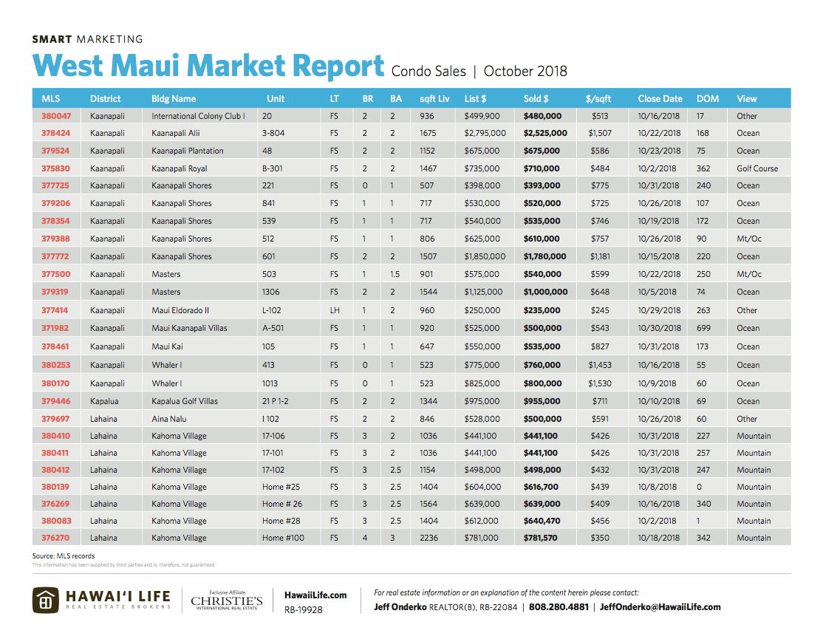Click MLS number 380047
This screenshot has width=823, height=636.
[x=56, y=116]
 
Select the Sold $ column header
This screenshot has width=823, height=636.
[x=536, y=98]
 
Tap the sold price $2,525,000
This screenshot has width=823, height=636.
[x=545, y=133]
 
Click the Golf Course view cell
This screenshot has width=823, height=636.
[x=757, y=168]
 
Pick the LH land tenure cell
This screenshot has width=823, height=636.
[x=335, y=310]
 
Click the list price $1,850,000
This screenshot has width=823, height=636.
[x=485, y=256]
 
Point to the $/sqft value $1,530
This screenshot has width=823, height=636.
[x=600, y=383]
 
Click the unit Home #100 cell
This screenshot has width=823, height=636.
[x=283, y=538]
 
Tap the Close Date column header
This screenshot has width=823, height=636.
[x=660, y=98]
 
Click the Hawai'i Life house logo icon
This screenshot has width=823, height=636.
[x=45, y=601]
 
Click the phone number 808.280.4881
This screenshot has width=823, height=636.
[x=559, y=607]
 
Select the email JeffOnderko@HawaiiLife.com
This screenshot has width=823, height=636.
[x=660, y=607]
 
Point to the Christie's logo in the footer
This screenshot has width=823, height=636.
[x=227, y=601]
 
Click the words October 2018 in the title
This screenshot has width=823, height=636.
[x=525, y=72]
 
